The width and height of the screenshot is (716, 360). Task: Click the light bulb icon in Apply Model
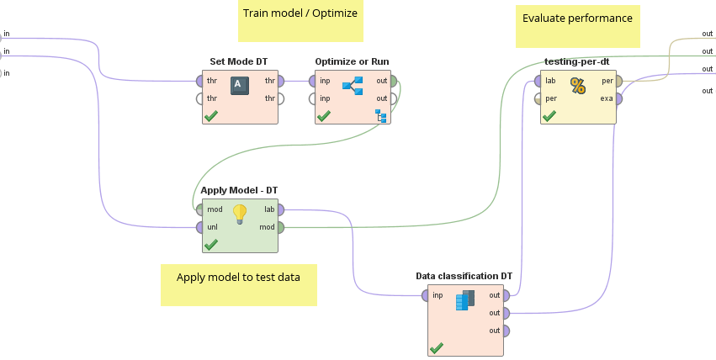[240, 214]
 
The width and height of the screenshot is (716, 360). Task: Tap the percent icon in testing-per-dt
[578, 86]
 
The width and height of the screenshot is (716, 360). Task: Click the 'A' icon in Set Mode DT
[240, 86]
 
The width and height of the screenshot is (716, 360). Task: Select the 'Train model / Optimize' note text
[300, 13]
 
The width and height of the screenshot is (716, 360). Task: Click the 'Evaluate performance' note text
[577, 19]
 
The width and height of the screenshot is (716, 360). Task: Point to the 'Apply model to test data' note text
[238, 277]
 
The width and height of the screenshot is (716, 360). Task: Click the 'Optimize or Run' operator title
[352, 61]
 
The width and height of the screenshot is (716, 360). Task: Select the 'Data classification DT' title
[464, 276]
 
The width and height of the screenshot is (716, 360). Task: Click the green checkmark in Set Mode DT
[211, 116]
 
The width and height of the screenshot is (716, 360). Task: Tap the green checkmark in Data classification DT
[436, 348]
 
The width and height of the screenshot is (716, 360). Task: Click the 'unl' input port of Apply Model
[199, 227]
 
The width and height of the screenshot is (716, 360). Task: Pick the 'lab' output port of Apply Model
[280, 209]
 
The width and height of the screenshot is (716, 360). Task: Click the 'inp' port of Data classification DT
[425, 296]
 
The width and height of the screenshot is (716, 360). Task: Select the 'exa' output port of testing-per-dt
[618, 98]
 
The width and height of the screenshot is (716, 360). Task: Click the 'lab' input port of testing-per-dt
[538, 82]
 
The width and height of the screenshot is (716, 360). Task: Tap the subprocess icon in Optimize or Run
[381, 116]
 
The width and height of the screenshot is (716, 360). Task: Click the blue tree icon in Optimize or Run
[353, 86]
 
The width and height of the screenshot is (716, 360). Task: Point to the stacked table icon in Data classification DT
[465, 300]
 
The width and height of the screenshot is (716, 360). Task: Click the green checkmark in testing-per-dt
[549, 116]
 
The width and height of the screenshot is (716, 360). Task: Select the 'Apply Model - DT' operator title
[239, 190]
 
